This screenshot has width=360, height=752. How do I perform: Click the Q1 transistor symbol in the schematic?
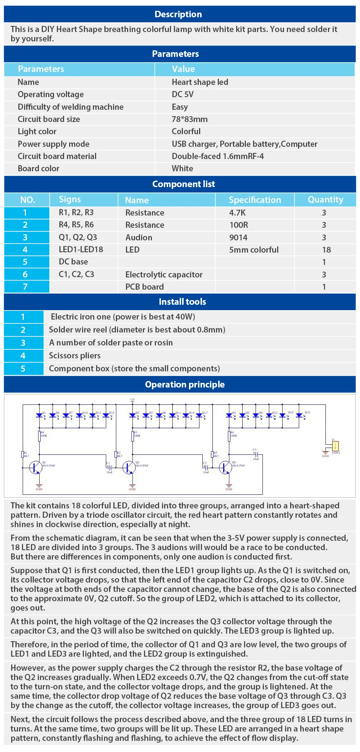point(36,467)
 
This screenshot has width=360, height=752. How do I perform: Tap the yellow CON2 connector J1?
point(335,446)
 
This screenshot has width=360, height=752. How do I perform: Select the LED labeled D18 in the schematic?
point(299,415)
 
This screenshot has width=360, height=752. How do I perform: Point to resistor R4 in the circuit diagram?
point(40,436)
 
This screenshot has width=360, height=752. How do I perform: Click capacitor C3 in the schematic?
point(256,454)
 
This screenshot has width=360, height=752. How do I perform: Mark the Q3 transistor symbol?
point(226,467)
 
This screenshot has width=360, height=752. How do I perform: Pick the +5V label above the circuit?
point(132,399)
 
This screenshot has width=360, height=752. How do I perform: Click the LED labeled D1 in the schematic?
point(40,415)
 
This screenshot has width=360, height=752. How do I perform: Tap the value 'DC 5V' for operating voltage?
point(183,94)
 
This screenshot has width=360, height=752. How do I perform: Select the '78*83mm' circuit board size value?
point(189,119)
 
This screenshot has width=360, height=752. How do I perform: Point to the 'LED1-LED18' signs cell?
point(81,249)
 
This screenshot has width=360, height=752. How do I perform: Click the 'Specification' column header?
point(255,200)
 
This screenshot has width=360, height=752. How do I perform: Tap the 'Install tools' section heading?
point(182,302)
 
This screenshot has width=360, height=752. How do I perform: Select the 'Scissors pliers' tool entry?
point(75,355)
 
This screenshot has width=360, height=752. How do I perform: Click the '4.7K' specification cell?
point(237,213)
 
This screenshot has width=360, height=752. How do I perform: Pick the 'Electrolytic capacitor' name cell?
point(164,275)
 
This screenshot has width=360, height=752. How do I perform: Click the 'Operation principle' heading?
point(185,384)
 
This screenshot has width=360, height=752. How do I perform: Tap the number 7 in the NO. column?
point(25,287)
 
